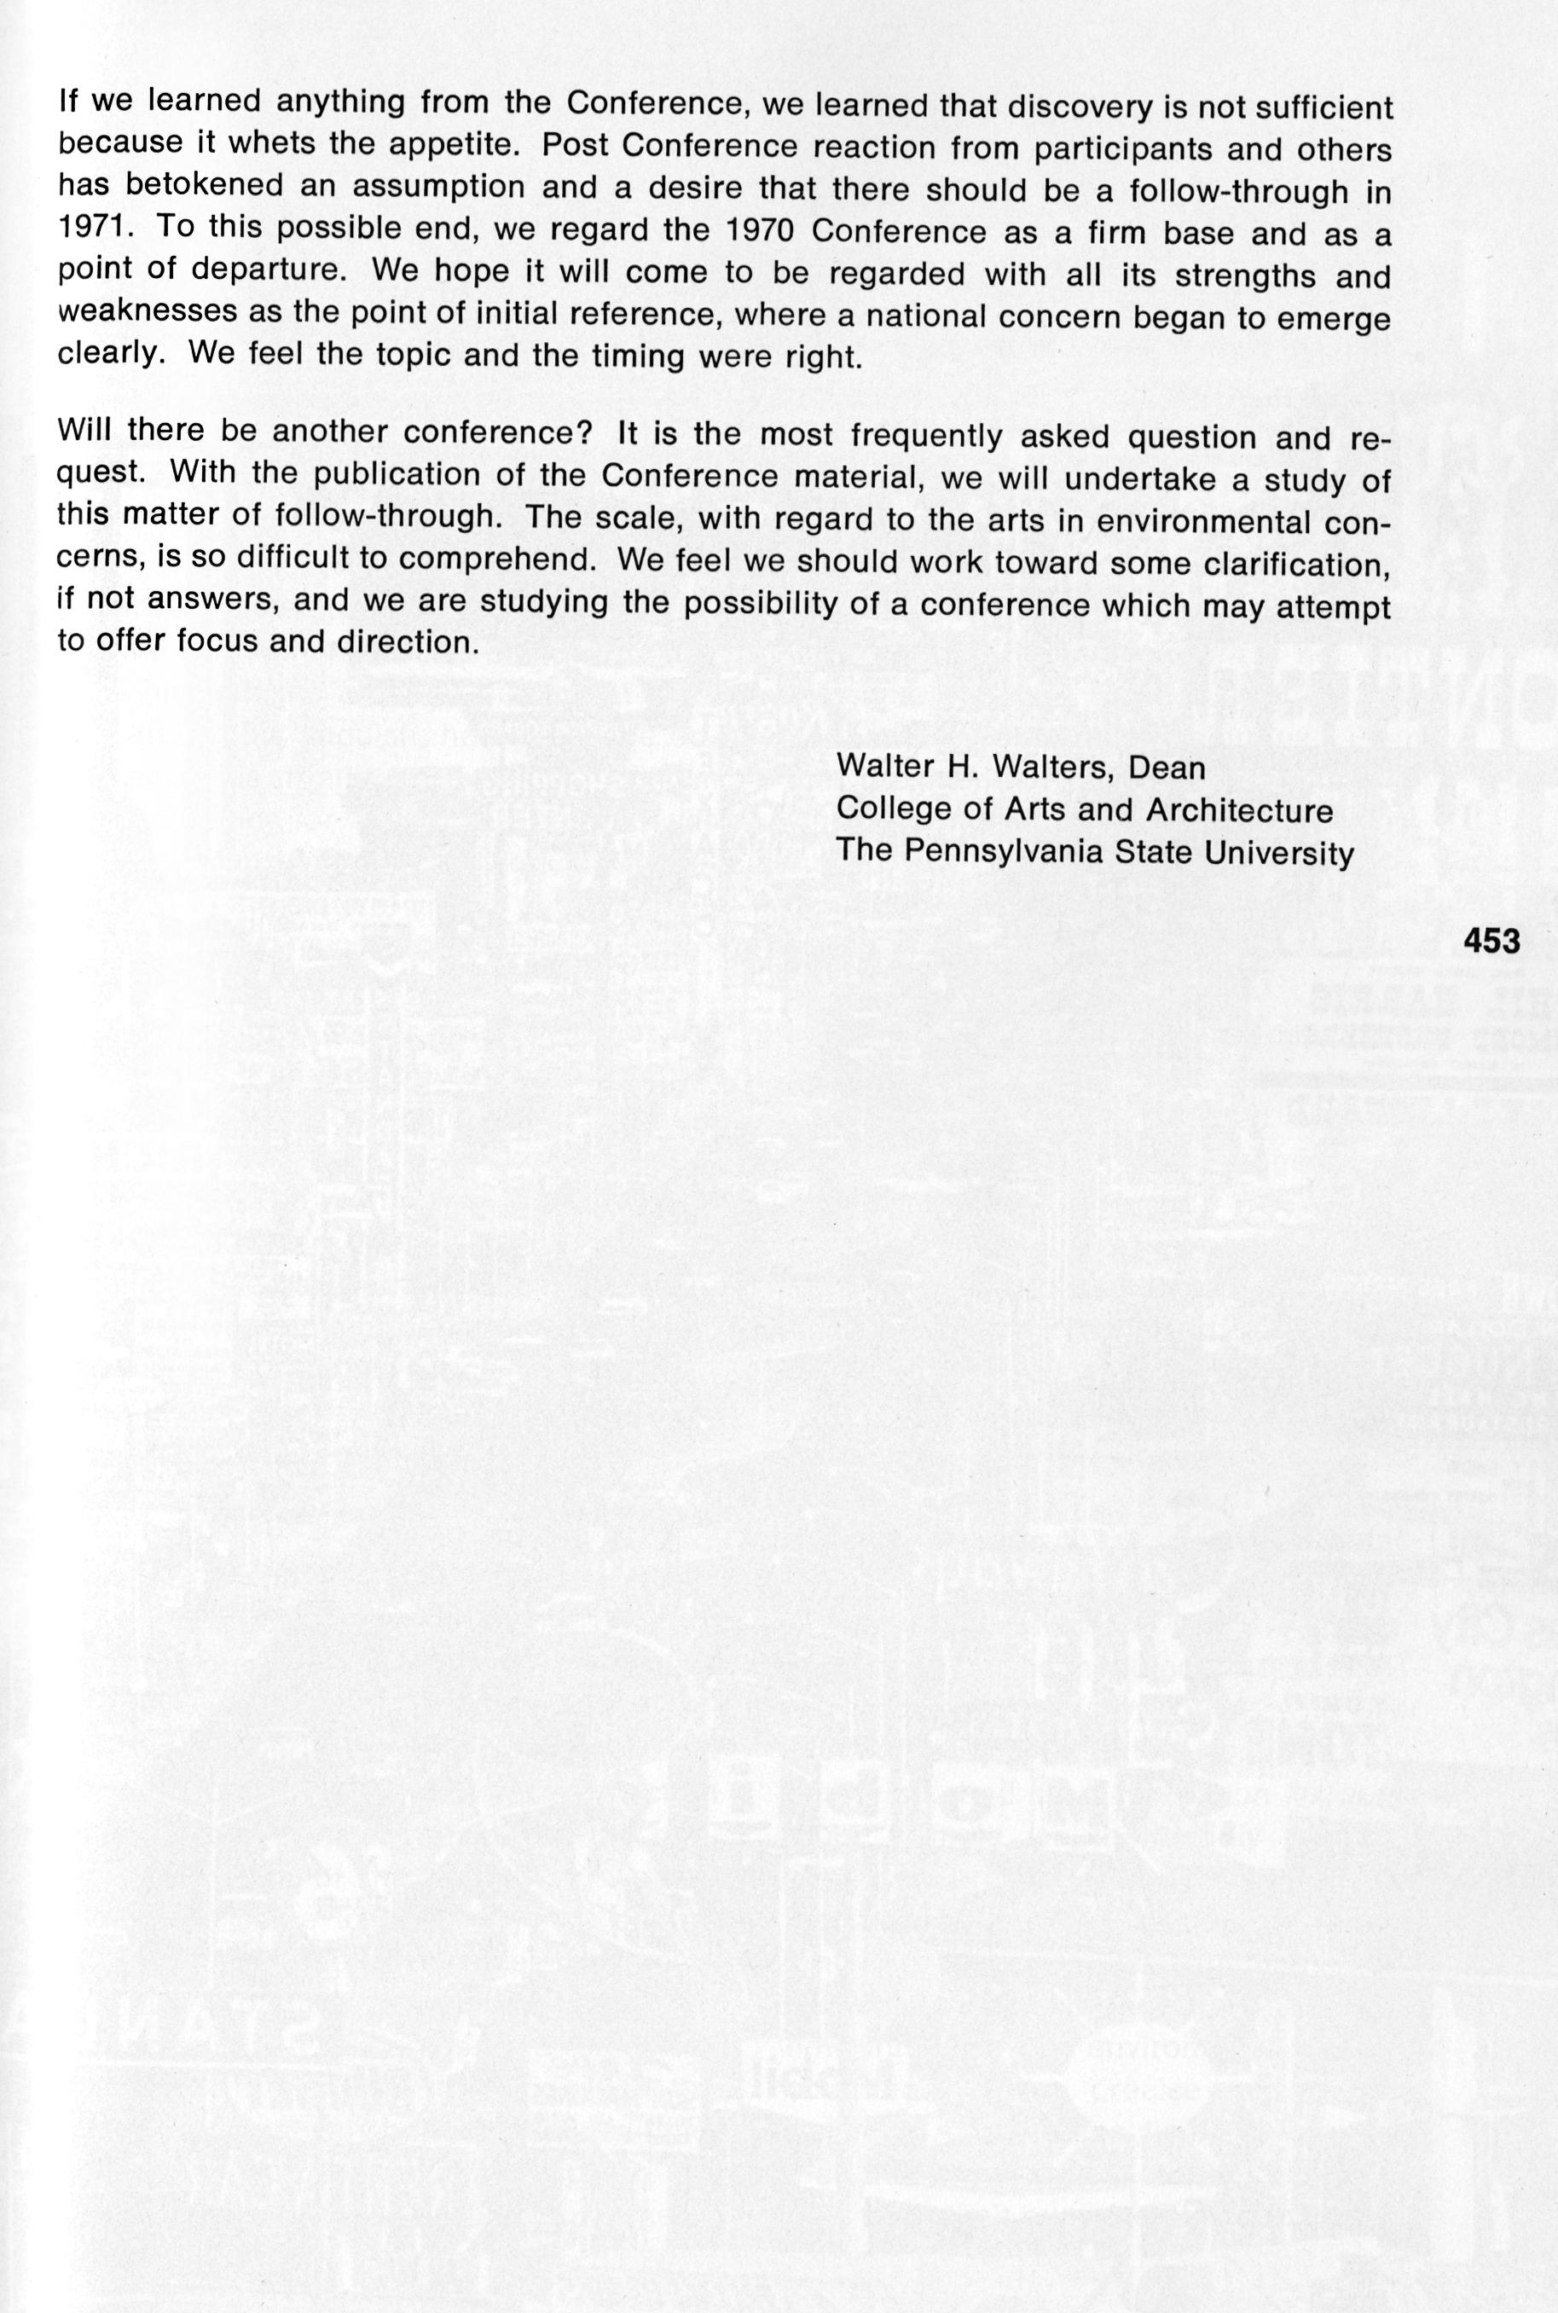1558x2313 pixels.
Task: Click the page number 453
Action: pos(1491,940)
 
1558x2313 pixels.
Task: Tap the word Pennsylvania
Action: pos(1004,854)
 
